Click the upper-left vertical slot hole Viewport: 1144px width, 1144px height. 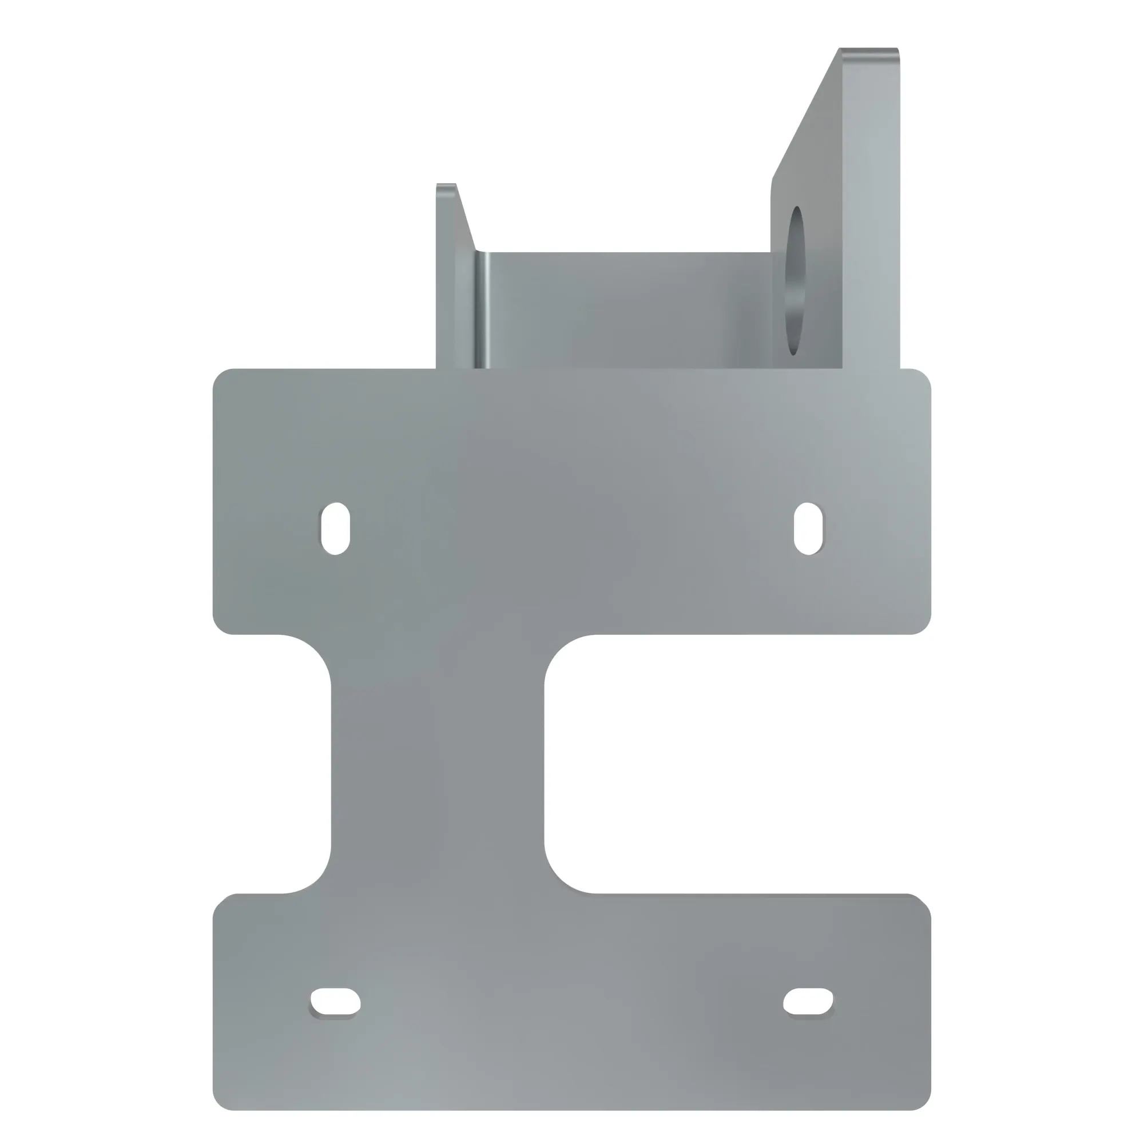[335, 528]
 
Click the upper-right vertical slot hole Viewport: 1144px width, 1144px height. [808, 528]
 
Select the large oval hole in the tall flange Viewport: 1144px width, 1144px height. [795, 281]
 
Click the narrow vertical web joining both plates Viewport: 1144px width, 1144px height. [437, 764]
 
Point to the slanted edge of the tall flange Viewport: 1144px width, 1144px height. [805, 113]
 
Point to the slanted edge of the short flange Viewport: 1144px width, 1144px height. [466, 217]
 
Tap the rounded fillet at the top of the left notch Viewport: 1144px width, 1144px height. [314, 654]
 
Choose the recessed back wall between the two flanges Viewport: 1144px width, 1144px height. [627, 308]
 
